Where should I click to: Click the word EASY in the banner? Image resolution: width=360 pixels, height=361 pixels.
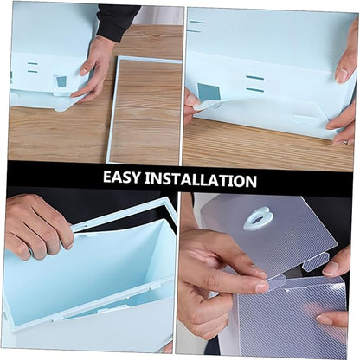(x=121, y=177)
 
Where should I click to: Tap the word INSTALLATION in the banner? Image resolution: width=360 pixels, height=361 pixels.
(x=201, y=179)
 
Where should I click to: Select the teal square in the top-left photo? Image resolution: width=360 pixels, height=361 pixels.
(x=61, y=81)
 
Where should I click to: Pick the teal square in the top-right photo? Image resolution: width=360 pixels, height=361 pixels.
(x=209, y=92)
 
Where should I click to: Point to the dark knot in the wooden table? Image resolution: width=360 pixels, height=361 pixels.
(x=156, y=36)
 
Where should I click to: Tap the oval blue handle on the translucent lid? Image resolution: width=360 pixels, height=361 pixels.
(x=258, y=218)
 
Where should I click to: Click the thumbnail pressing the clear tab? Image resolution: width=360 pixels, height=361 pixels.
(x=261, y=287)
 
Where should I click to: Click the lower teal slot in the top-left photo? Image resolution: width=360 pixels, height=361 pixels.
(x=33, y=71)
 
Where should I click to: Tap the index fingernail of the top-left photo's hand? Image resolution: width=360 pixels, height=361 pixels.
(x=84, y=71)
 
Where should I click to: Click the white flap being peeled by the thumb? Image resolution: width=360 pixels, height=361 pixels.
(x=209, y=105)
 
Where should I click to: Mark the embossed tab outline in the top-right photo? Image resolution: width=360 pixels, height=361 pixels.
(x=305, y=119)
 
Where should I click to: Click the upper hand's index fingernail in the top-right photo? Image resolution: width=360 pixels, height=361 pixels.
(x=342, y=75)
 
